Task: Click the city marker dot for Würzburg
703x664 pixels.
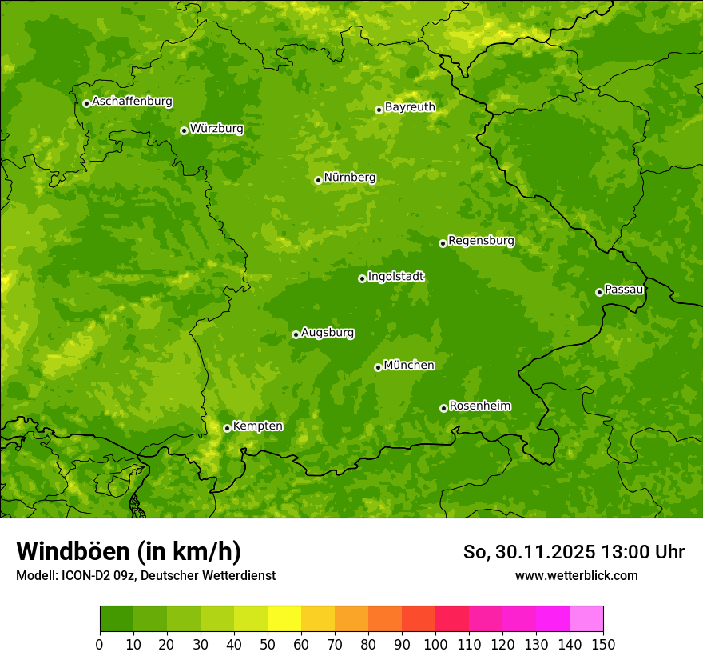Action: [184, 130]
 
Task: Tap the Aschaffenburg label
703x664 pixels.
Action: [132, 102]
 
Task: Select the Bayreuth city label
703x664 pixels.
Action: [410, 106]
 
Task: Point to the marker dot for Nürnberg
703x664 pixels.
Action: [318, 180]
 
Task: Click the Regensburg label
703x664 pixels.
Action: [481, 241]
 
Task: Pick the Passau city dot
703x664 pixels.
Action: [599, 292]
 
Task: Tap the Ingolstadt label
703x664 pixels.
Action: [395, 277]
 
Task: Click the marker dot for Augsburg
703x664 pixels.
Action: [296, 334]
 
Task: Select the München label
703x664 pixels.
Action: [409, 366]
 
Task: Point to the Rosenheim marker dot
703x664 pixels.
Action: [443, 408]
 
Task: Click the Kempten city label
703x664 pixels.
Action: [257, 426]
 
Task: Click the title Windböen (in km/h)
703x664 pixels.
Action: [128, 551]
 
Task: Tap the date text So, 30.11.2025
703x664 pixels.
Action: [530, 552]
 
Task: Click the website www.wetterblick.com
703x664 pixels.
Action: [576, 575]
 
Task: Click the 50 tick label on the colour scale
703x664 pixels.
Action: [268, 644]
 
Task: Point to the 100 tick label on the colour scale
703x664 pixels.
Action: [435, 644]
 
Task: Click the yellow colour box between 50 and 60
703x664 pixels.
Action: [284, 619]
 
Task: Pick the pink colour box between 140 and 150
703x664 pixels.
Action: [586, 619]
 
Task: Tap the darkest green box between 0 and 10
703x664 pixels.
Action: [117, 619]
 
